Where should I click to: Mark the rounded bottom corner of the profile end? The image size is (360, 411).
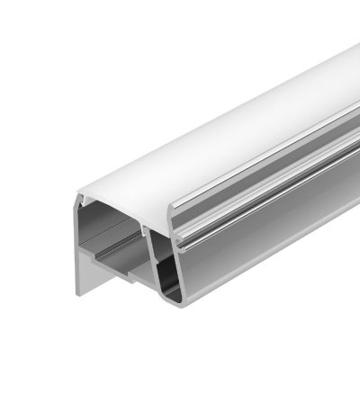click(173, 303)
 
